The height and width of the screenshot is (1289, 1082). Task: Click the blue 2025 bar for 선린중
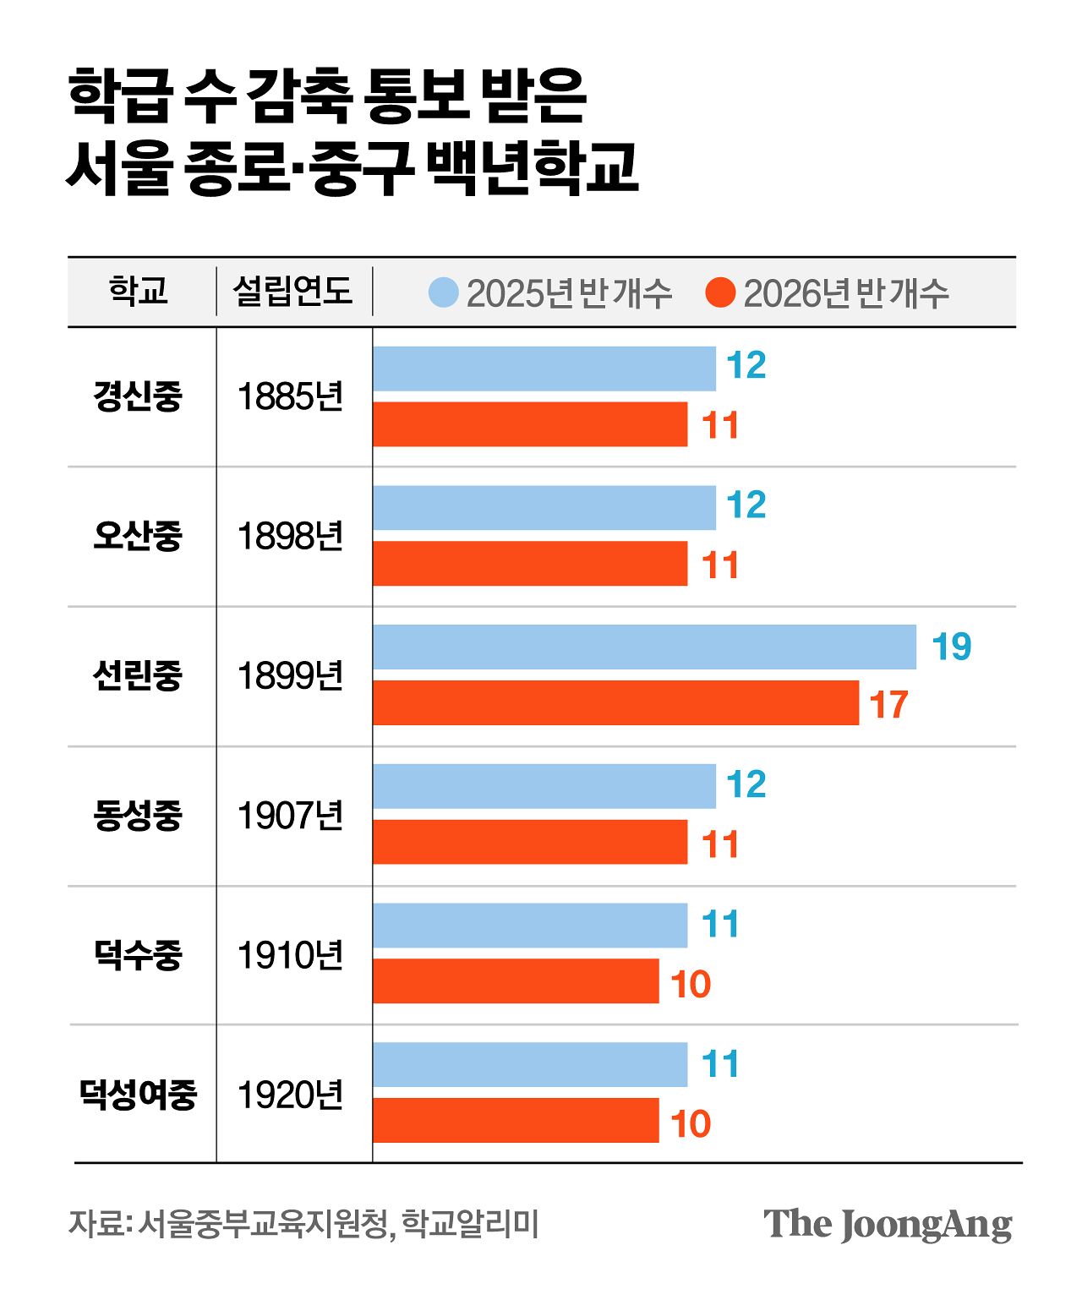[644, 647]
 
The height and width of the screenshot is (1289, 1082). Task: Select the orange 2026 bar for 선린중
[615, 702]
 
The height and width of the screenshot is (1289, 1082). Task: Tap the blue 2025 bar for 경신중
[544, 369]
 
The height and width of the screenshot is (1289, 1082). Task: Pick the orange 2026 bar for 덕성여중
[516, 1120]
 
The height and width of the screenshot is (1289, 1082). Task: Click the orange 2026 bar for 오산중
[530, 563]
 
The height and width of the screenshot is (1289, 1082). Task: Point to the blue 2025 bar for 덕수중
[530, 926]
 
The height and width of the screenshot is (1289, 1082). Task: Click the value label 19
[951, 647]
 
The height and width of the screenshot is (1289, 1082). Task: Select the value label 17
[888, 704]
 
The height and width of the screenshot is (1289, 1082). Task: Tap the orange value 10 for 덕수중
[691, 984]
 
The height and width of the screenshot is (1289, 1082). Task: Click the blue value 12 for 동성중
[746, 784]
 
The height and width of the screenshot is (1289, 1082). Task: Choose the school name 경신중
[138, 396]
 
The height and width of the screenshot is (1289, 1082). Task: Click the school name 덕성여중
[138, 1094]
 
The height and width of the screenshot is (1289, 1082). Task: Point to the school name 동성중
[138, 815]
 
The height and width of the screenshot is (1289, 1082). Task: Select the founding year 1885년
[290, 396]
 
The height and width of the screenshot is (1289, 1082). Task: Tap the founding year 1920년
[290, 1095]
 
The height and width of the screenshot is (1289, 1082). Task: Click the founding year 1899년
[290, 675]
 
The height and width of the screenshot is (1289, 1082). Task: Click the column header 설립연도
[292, 291]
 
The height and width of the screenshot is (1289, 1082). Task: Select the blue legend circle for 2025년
[444, 292]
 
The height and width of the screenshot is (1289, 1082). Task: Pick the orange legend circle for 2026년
[720, 292]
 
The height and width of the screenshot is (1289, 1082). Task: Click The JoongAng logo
[887, 1224]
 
